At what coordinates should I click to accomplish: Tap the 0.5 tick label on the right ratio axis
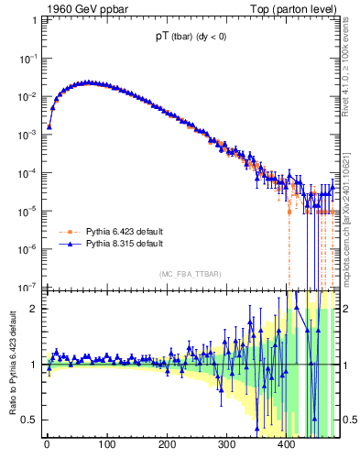(x=349, y=420)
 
